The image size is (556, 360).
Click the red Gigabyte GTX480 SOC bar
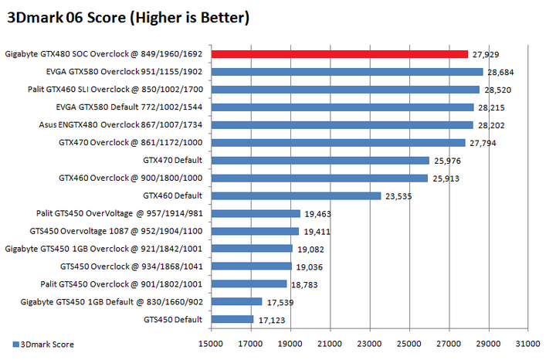340,54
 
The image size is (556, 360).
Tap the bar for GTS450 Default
232,319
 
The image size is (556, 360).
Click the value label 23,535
399,196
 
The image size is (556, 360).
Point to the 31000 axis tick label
527,345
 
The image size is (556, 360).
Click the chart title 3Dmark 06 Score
127,16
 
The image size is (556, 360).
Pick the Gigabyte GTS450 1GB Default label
103,301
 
